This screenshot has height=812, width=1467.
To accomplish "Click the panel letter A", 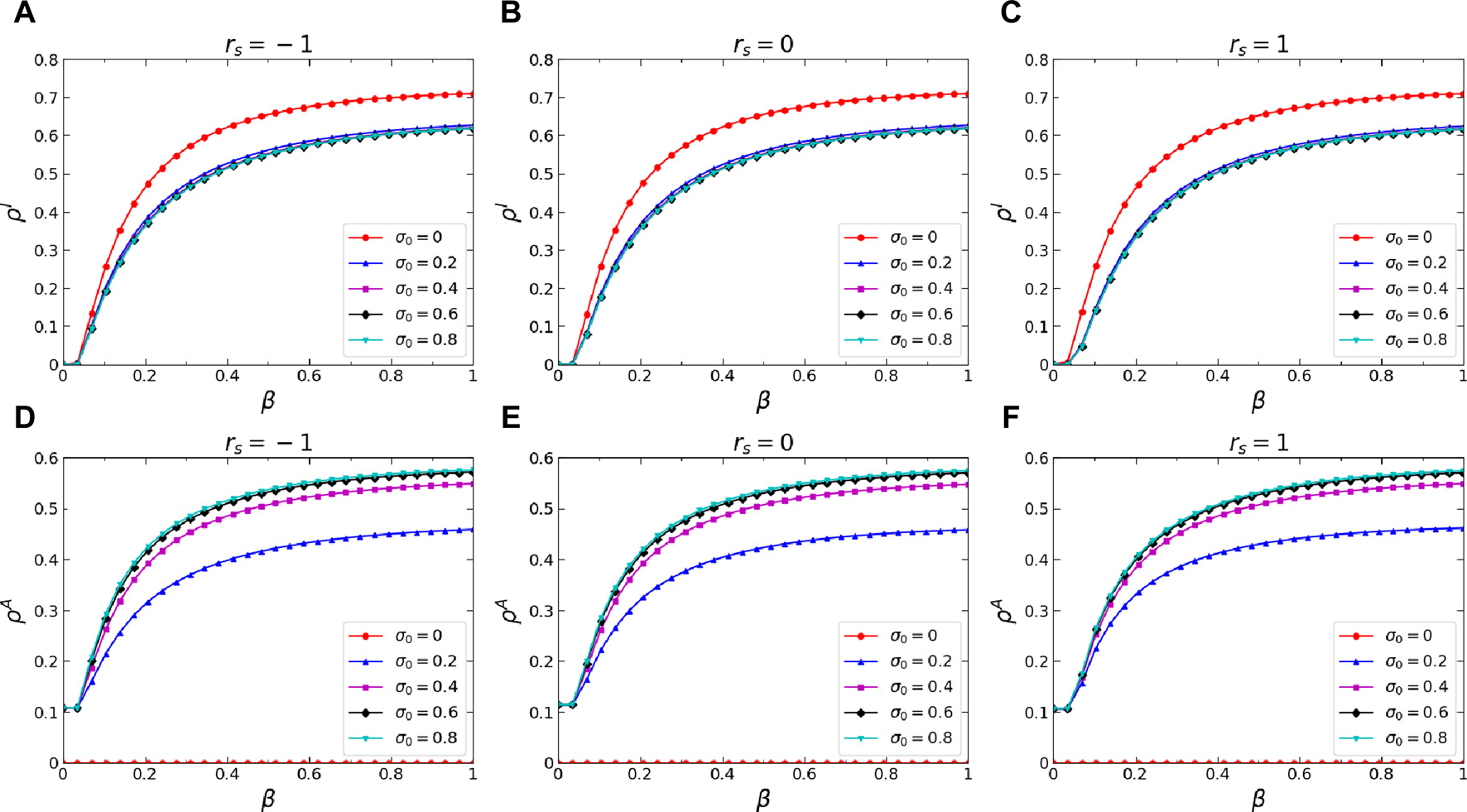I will coord(24,14).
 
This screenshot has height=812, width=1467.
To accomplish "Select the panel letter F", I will coord(1010,416).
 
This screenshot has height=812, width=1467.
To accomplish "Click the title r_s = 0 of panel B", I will coord(762,44).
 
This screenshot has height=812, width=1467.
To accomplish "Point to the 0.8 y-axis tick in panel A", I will coord(46,60).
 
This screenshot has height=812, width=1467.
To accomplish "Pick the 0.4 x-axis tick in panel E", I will coord(722,774).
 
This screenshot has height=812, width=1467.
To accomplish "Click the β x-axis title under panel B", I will coord(762,401).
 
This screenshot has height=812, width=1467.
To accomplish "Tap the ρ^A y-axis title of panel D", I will coord(19,611).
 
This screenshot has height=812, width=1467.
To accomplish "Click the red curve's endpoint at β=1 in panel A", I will coord(473,94).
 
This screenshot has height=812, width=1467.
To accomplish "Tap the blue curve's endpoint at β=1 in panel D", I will coord(473,530).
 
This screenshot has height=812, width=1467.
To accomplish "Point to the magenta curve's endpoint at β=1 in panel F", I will coord(1463,484).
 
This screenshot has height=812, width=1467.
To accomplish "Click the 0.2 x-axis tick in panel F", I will coord(1135,774).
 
